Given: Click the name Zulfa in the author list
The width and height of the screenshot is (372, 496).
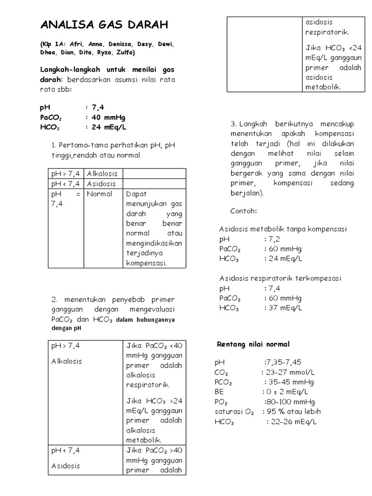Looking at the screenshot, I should tap(124, 52).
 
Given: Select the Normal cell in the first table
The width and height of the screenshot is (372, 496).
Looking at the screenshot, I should tap(99, 194).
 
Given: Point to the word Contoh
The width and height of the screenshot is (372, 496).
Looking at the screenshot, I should tap(244, 212).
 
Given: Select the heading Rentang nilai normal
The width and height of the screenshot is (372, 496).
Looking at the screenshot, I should tap(253, 344).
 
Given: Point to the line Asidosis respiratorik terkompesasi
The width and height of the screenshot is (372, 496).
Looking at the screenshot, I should tap(280, 279).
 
